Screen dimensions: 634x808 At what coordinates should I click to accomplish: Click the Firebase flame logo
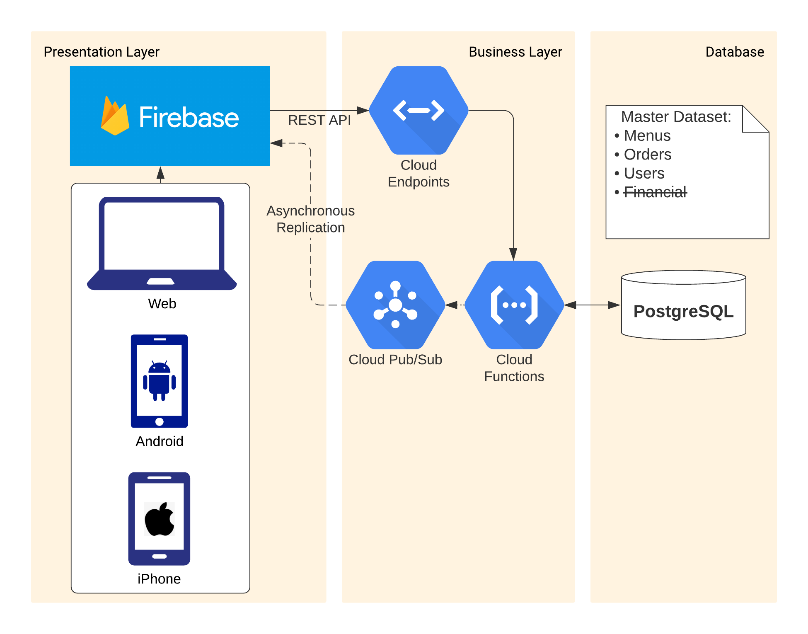pyautogui.click(x=115, y=116)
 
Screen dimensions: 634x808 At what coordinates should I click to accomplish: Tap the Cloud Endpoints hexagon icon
pyautogui.click(x=419, y=111)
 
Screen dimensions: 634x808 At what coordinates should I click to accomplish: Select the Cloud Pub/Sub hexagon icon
pyautogui.click(x=395, y=305)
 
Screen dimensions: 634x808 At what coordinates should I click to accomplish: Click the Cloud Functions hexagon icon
pyautogui.click(x=514, y=305)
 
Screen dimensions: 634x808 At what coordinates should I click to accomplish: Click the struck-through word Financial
pyautogui.click(x=655, y=192)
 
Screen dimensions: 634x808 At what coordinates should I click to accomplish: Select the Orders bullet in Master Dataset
pyautogui.click(x=647, y=155)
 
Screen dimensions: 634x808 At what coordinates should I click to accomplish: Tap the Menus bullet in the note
pyautogui.click(x=647, y=136)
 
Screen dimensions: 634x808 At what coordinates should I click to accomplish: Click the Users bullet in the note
pyautogui.click(x=644, y=174)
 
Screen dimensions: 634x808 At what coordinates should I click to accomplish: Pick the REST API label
pyautogui.click(x=319, y=120)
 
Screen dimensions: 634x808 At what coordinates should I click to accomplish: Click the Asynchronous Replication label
pyautogui.click(x=311, y=219)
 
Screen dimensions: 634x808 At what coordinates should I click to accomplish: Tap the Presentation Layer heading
pyautogui.click(x=102, y=52)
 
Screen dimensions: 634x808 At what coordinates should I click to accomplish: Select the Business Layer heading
pyautogui.click(x=515, y=52)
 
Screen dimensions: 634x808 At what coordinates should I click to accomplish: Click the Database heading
pyautogui.click(x=735, y=52)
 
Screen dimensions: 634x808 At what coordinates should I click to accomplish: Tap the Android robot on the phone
pyautogui.click(x=160, y=380)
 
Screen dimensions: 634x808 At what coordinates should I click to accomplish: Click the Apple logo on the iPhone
pyautogui.click(x=160, y=519)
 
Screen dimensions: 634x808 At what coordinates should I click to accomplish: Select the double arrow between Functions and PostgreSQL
pyautogui.click(x=592, y=305)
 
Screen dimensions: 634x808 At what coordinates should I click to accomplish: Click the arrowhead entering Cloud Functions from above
pyautogui.click(x=513, y=254)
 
